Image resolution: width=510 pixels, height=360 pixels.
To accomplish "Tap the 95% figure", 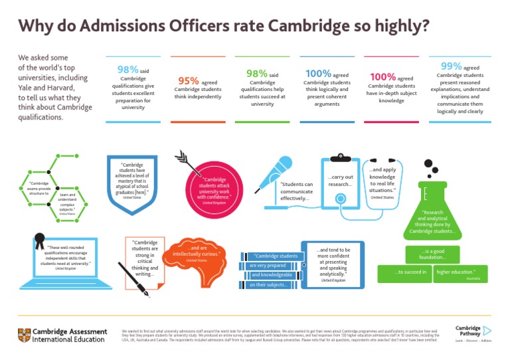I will [x=189, y=80].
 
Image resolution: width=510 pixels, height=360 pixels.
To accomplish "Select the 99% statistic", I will [x=452, y=66].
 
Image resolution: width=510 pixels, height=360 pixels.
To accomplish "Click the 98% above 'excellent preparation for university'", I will [x=127, y=69].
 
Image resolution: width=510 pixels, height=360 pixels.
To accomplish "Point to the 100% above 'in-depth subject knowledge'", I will [x=382, y=76].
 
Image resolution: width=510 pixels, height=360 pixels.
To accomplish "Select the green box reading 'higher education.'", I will [x=460, y=272].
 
